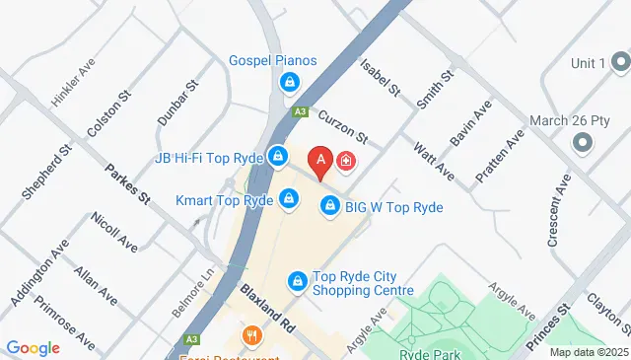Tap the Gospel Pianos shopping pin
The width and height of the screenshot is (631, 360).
pos(289,82)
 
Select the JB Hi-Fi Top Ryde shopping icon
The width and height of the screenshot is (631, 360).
pos(279,157)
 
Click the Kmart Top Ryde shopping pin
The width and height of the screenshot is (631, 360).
pos(288,199)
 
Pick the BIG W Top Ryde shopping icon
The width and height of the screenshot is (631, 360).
pos(330,207)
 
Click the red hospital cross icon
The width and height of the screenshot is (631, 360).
pos(347,160)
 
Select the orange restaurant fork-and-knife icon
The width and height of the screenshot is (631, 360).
pos(253,336)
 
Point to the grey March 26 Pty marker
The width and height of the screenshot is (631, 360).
pos(581,141)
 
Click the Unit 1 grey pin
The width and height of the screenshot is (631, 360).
pos(619,63)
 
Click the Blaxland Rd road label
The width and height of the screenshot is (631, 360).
pos(267,308)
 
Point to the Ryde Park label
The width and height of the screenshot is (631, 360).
pos(426,352)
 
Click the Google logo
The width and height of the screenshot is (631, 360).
pos(33,347)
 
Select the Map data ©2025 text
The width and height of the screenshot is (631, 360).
pos(588,352)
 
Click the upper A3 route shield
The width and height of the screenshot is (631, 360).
pos(300,113)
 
